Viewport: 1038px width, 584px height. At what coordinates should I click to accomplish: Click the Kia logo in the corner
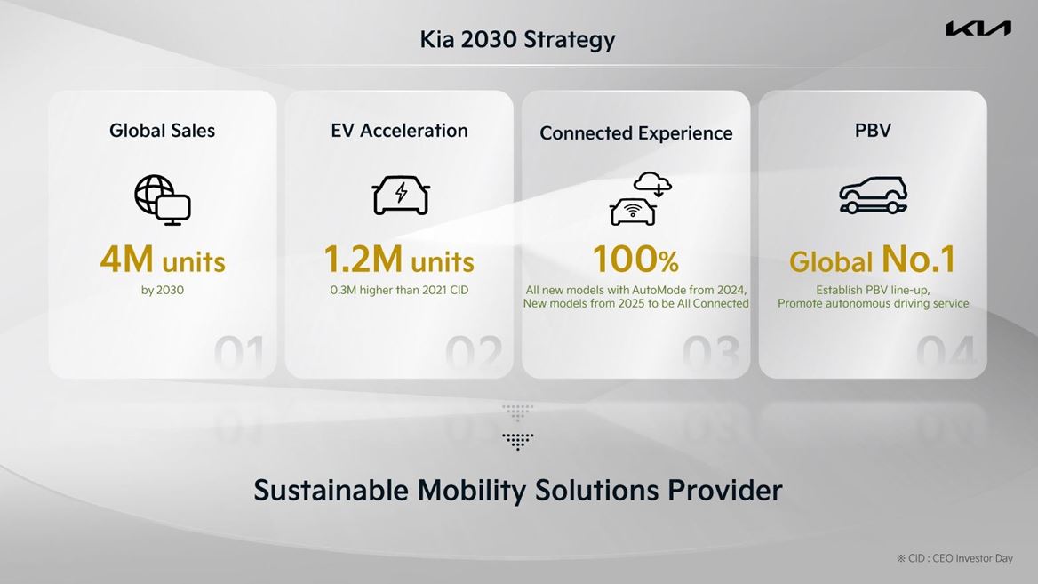coord(978,29)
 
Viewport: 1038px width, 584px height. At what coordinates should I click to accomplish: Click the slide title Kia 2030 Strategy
coord(517,39)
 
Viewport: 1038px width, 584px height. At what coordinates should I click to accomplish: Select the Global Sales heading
coord(162,131)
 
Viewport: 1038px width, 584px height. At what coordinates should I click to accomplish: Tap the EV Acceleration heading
coord(399,131)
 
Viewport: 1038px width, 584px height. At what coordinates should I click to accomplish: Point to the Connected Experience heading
coord(635,133)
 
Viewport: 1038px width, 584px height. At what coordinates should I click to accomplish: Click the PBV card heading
coord(872,131)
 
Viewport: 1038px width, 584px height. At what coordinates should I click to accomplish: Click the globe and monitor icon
coord(163,199)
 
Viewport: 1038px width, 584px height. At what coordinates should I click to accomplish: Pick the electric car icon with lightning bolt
coord(401,195)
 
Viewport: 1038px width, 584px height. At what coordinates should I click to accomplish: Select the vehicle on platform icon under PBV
coord(873,195)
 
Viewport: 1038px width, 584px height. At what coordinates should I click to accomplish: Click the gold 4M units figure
coord(163,260)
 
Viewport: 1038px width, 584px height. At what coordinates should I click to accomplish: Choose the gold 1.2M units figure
coord(399,260)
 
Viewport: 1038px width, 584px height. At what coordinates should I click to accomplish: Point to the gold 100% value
coord(635,260)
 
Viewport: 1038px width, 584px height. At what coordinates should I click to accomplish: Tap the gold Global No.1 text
coord(872,260)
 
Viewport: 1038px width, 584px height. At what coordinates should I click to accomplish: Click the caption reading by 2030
coord(163,290)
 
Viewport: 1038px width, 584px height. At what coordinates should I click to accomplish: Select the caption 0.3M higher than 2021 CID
coord(399,290)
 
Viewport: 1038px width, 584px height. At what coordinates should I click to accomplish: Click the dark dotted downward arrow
coord(517,441)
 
